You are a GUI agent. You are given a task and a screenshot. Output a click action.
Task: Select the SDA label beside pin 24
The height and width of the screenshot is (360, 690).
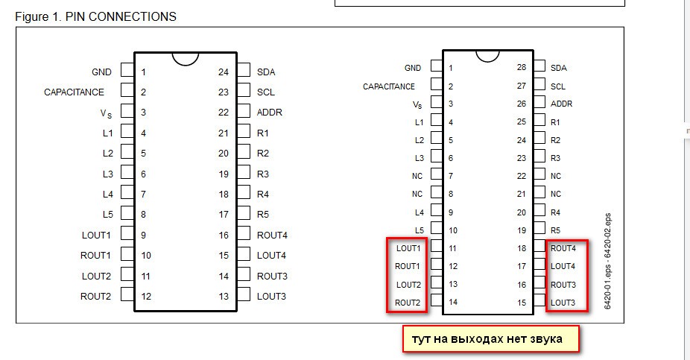pos(266,72)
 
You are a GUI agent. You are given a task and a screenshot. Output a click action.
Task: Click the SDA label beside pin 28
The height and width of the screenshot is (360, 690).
pos(558,68)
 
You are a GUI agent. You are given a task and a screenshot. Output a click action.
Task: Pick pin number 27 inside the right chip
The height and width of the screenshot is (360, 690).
pos(522,86)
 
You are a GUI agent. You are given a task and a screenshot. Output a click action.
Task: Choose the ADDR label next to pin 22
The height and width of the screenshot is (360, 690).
pos(270,113)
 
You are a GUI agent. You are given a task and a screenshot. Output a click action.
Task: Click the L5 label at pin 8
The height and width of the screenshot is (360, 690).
pos(108,214)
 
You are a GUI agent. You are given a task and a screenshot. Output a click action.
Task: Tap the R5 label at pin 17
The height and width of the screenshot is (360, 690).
pos(263,214)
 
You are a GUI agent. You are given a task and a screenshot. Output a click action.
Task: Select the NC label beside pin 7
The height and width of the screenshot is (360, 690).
pos(417,176)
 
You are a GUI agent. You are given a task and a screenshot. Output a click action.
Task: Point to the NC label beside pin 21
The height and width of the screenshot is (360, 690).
pos(556,194)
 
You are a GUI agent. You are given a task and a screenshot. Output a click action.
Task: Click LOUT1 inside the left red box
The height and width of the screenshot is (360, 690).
pos(408,248)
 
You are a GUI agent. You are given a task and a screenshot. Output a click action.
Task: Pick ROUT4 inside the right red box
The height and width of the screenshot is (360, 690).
pos(563,248)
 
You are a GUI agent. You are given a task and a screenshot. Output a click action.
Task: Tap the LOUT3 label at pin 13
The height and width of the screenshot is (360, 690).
pos(271,296)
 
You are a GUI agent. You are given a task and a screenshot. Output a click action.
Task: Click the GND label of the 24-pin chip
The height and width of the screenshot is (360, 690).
pos(102,72)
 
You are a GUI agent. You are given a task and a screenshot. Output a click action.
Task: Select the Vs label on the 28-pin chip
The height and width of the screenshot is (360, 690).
pos(417,104)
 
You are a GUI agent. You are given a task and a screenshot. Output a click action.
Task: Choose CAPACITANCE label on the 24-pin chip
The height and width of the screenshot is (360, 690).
pos(75,92)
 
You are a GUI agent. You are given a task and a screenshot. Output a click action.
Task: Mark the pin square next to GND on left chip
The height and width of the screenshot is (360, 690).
pos(127,72)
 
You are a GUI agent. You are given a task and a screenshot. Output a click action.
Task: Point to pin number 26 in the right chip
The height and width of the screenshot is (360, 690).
pos(522,104)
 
